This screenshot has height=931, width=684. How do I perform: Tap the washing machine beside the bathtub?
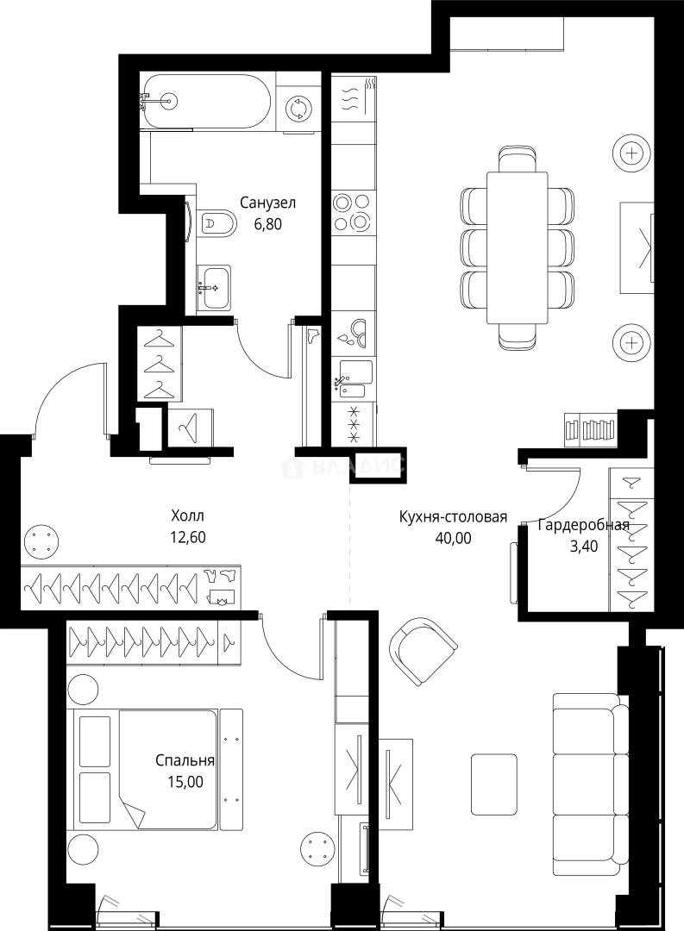(x=297, y=108)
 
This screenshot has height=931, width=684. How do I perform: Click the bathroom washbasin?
(x=213, y=287)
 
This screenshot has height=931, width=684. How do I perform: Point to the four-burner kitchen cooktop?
(x=353, y=212)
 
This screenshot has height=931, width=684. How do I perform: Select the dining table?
(x=517, y=247)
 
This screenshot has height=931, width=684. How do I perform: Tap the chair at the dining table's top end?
(x=519, y=159)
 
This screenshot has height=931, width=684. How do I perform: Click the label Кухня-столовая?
(x=453, y=516)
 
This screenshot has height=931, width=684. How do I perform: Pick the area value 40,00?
(x=453, y=538)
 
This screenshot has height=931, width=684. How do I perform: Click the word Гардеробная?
(x=583, y=525)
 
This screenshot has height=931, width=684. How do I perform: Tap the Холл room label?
(x=187, y=515)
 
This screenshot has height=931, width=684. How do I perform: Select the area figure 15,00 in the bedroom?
(x=187, y=782)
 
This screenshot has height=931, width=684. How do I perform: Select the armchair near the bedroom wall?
(x=424, y=652)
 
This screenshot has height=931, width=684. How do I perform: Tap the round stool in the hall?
(x=41, y=541)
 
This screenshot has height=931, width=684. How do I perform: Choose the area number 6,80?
(x=268, y=224)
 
